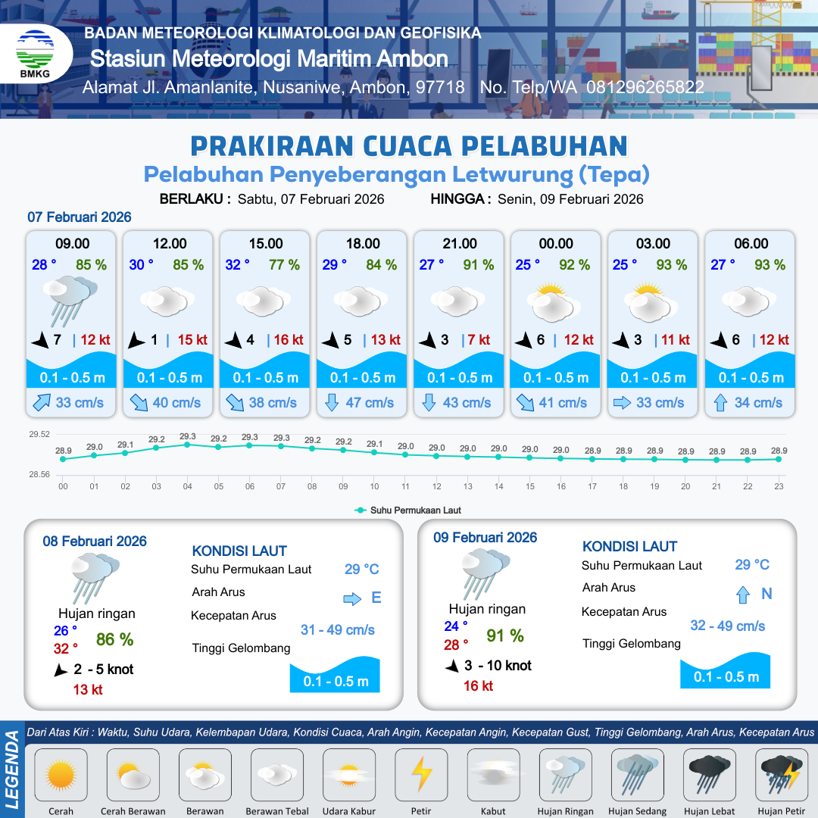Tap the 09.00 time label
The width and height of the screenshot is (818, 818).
73,244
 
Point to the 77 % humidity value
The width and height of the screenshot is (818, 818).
285,265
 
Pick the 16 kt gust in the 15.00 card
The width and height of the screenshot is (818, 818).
287,340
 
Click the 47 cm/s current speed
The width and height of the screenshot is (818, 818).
370,403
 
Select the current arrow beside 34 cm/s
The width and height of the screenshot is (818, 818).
720,403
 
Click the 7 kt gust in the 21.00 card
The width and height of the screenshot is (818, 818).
479,340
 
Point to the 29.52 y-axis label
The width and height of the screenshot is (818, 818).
39,435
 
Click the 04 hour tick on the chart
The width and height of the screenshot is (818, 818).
187,486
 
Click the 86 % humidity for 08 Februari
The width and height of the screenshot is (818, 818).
114,639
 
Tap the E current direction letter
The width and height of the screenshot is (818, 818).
376,598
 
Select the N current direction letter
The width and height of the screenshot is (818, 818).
766,594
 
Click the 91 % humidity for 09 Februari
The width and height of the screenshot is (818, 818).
505,635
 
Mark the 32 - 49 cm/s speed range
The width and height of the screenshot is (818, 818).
727,626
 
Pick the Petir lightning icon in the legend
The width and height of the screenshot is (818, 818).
421,776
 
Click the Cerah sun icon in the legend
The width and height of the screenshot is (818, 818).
61,776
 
